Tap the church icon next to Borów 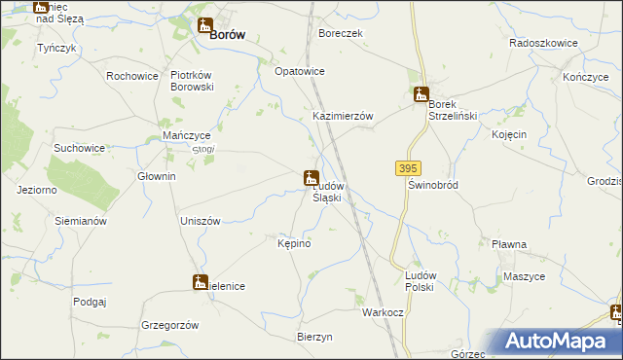click(x=204, y=25)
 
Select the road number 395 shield click(x=408, y=168)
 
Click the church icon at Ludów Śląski click(x=311, y=178)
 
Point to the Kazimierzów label click(x=343, y=115)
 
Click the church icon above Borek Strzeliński click(x=421, y=94)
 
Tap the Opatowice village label click(x=299, y=72)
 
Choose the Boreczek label click(x=341, y=32)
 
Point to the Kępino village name click(x=294, y=242)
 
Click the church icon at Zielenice click(x=200, y=282)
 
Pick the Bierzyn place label click(x=314, y=337)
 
